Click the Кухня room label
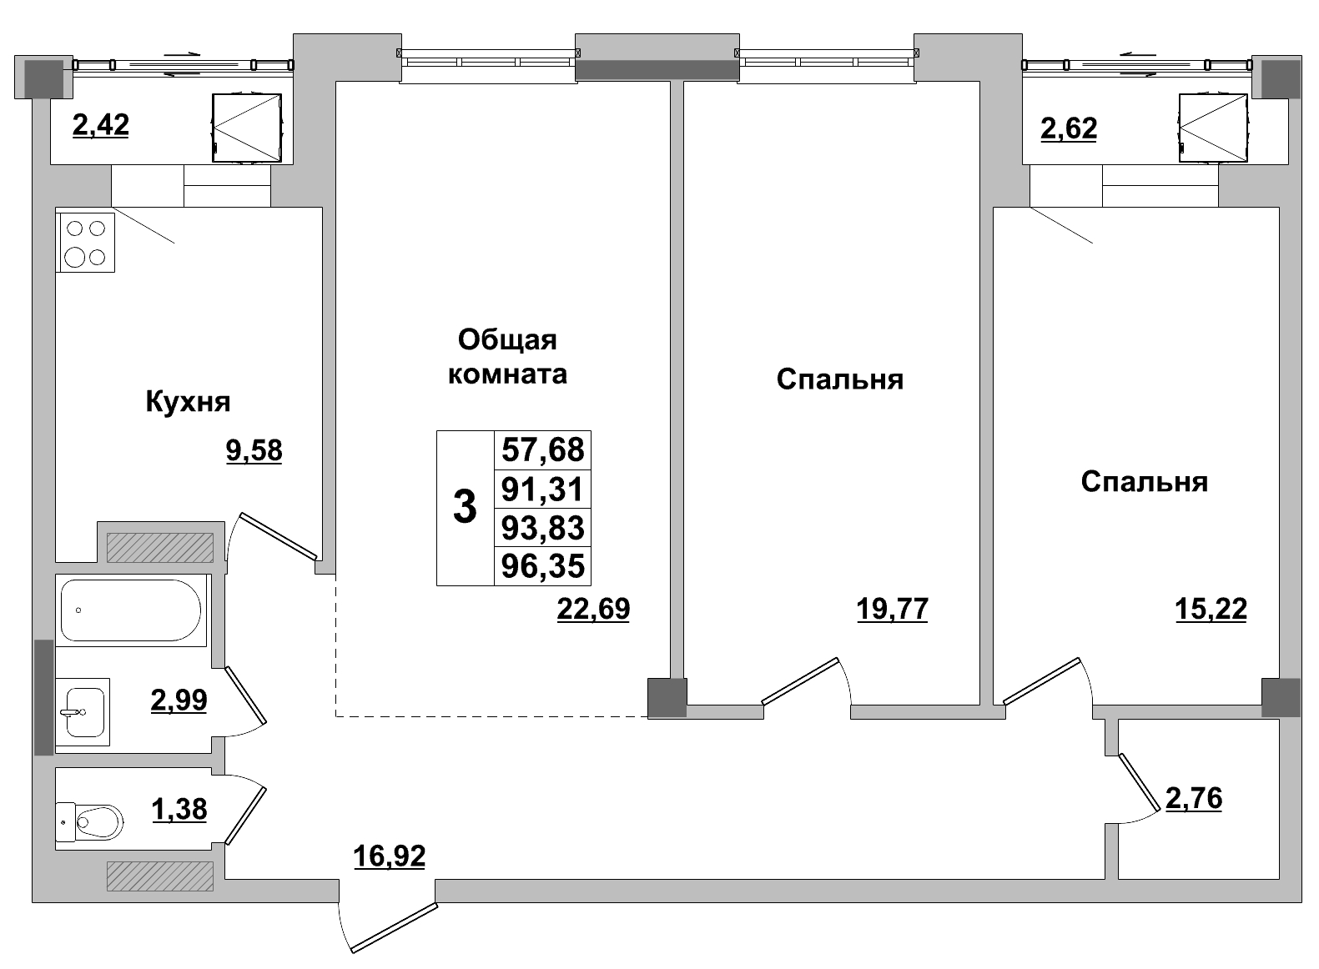point(188,402)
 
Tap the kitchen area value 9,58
point(254,450)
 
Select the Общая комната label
point(507,356)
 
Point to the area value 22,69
point(593,610)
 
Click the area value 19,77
point(892,610)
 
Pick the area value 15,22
point(1211,610)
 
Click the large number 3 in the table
point(465,508)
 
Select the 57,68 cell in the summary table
point(542,450)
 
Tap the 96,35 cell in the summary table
point(542,567)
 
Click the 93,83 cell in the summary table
point(542,528)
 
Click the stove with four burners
point(86,243)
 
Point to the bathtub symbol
point(131,610)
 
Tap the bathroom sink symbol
point(83,712)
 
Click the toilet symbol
point(89,821)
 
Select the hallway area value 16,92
point(389,856)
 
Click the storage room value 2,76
point(1193,799)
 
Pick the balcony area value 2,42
point(101,126)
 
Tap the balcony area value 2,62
point(1069,129)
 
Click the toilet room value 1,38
point(179,809)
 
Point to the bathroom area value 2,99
point(179,700)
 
